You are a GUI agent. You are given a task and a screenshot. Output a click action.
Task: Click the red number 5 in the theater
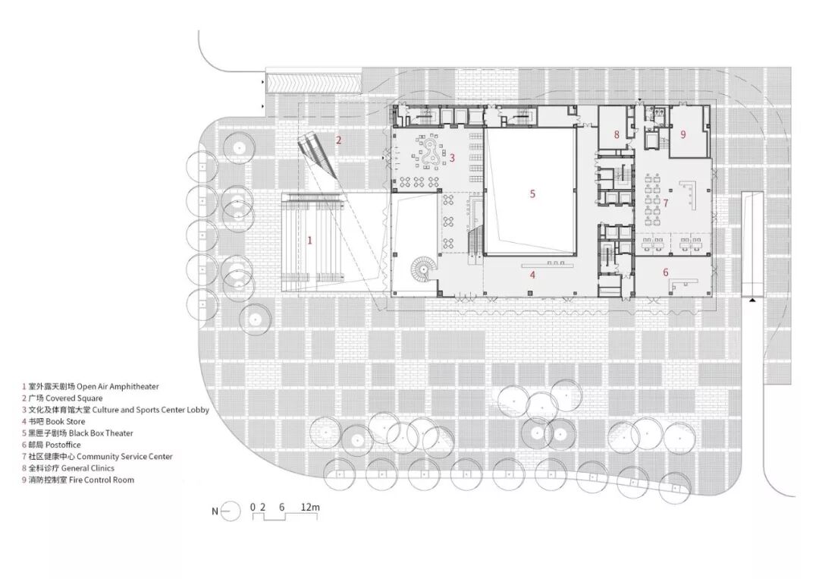[x=532, y=194]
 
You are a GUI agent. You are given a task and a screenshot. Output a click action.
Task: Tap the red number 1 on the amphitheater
[x=309, y=241]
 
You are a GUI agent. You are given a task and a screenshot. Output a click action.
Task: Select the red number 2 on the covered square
[x=338, y=140]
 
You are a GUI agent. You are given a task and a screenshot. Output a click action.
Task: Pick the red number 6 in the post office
[x=666, y=272]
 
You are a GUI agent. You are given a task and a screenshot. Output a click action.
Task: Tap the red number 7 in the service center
[x=666, y=202]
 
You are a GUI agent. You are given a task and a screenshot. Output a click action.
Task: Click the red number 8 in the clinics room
[x=617, y=135]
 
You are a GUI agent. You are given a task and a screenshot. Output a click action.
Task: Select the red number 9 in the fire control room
[x=682, y=134]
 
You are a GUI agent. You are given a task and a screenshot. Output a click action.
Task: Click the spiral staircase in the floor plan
[x=422, y=268]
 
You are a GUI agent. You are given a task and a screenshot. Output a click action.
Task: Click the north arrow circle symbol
[x=231, y=511]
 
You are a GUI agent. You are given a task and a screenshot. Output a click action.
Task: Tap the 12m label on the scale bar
[x=310, y=507]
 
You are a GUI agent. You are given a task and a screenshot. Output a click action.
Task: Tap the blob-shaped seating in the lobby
[x=431, y=153]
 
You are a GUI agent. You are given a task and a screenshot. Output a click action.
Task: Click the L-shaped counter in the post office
[x=682, y=284]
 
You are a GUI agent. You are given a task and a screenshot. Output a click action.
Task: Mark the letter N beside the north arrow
[x=215, y=511]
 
